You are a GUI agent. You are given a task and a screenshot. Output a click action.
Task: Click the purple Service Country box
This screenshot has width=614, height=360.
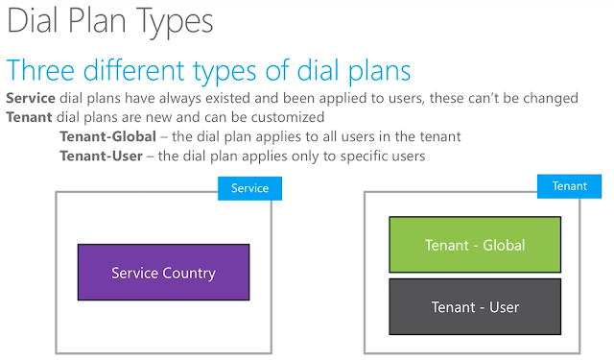(x=164, y=273)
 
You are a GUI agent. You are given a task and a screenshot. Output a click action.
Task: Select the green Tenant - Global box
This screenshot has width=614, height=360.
(x=475, y=245)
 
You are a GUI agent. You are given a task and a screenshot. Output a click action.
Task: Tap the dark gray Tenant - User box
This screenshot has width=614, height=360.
(x=475, y=306)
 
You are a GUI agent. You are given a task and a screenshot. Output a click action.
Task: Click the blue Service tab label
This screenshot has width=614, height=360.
(x=249, y=188)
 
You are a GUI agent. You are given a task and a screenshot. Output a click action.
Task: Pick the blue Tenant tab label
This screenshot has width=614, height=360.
(x=569, y=186)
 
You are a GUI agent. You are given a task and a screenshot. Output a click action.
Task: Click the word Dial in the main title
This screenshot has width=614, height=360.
(x=33, y=21)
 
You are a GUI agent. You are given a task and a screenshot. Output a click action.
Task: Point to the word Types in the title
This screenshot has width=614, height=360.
(x=174, y=23)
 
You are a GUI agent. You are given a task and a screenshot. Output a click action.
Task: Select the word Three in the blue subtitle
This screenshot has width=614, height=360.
(x=40, y=70)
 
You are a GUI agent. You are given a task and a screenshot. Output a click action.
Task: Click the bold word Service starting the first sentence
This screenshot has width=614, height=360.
(x=31, y=98)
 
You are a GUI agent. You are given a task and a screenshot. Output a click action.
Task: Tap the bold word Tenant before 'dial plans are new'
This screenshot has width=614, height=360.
(x=29, y=117)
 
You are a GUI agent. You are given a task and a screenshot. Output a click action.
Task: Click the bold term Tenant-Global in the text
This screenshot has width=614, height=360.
(x=108, y=136)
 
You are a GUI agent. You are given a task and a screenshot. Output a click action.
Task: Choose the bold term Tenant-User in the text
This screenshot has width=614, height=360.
(x=101, y=156)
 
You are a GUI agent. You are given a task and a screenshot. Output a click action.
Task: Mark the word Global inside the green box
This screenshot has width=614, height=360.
(x=504, y=245)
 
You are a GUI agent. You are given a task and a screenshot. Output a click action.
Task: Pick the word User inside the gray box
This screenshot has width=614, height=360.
(x=505, y=307)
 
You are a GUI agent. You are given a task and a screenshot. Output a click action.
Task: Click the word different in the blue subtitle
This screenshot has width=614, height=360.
(x=134, y=70)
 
